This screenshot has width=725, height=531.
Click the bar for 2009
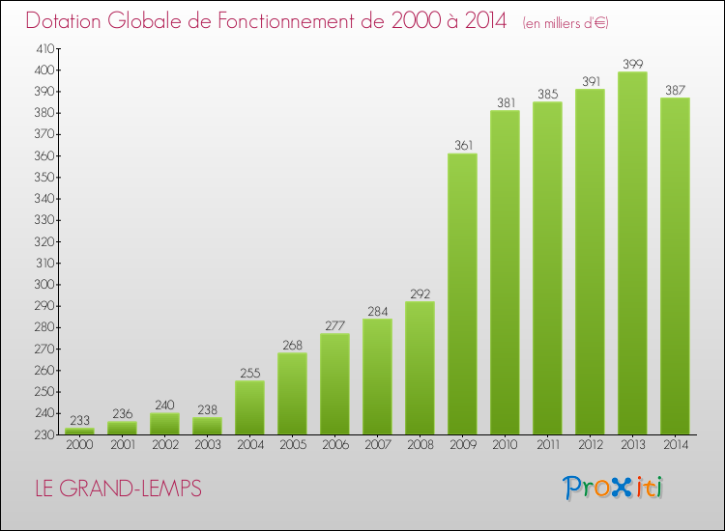pyautogui.click(x=462, y=293)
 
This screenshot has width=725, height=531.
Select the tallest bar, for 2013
pyautogui.click(x=632, y=253)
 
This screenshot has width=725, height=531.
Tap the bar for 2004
pyautogui.click(x=249, y=407)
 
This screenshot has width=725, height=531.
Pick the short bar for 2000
pyautogui.click(x=79, y=432)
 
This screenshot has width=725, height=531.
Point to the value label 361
pyautogui.click(x=463, y=146)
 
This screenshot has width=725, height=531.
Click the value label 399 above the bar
pyautogui.click(x=632, y=64)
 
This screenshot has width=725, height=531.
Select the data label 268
pyautogui.click(x=292, y=345)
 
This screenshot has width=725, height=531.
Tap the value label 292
pyautogui.click(x=420, y=293)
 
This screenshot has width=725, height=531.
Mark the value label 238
pyautogui.click(x=207, y=409)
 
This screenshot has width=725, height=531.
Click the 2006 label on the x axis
pyautogui.click(x=335, y=444)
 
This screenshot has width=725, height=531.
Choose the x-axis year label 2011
pyautogui.click(x=548, y=444)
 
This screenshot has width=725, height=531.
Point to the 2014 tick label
pyautogui.click(x=676, y=444)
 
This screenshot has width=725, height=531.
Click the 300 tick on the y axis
pyautogui.click(x=44, y=285)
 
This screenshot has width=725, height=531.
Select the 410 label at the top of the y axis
pyautogui.click(x=45, y=48)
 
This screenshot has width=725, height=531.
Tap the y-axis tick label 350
pyautogui.click(x=44, y=178)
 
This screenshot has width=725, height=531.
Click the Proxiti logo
pyautogui.click(x=612, y=488)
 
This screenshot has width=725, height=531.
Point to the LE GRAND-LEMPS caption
pyautogui.click(x=118, y=489)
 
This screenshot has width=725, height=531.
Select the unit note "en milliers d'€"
pyautogui.click(x=565, y=23)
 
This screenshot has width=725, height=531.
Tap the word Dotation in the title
pyautogui.click(x=64, y=21)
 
